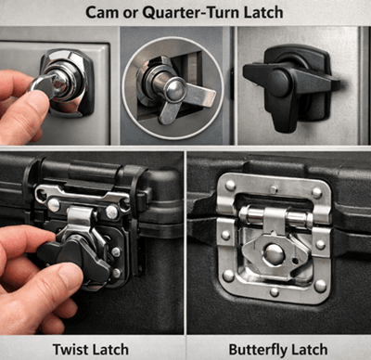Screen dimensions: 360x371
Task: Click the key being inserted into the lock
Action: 44,84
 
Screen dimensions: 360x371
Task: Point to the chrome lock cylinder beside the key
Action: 65,79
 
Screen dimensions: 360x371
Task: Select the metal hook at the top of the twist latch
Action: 81,215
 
